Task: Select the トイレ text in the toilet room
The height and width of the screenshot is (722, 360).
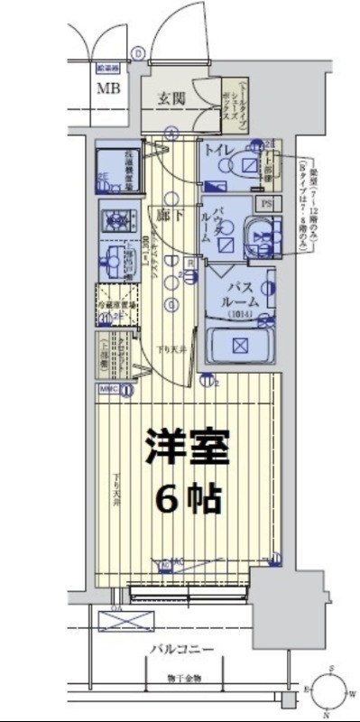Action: pos(221,149)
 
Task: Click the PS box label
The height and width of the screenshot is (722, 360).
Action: pos(265,204)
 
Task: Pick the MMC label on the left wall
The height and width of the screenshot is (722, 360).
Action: pos(108,390)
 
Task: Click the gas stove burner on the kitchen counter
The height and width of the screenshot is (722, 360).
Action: pos(116,218)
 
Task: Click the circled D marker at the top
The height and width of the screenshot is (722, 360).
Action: pos(137,53)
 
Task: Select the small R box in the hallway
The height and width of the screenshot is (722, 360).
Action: pos(189,264)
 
